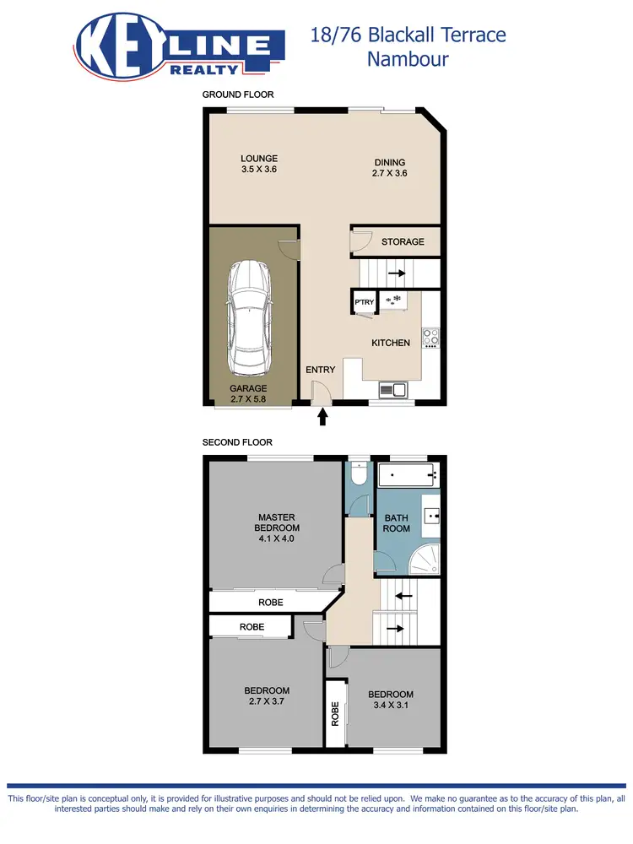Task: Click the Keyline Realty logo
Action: point(180,48)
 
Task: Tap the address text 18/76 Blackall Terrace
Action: point(408,35)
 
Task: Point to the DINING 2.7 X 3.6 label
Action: point(389,168)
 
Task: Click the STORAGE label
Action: point(403,242)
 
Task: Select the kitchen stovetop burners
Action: point(431,338)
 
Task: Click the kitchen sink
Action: point(393,389)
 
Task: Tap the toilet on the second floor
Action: point(358,475)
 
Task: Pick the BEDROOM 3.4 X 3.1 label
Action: point(391,700)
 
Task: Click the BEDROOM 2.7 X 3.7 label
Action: point(267,695)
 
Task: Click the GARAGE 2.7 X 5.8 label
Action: point(248,394)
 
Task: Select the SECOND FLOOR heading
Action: point(237,442)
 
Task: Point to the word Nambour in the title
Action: point(408,59)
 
